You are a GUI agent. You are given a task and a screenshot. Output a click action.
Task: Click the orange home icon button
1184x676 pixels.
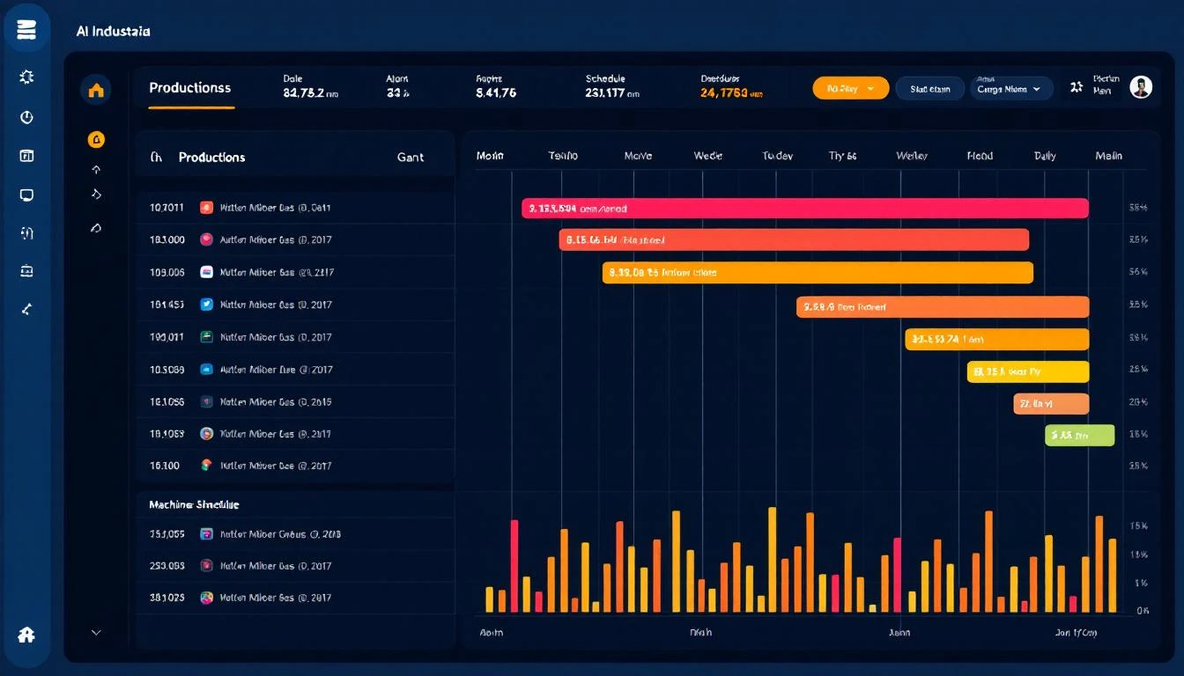coord(96,89)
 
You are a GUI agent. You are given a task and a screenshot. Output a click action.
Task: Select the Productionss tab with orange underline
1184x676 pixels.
coord(189,88)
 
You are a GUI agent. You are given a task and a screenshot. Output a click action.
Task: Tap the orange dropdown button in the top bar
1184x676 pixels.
coord(849,88)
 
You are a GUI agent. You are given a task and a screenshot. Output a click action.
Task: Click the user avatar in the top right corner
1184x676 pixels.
coord(1141,87)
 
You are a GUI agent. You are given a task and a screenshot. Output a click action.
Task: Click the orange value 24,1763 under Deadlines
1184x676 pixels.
coord(731,92)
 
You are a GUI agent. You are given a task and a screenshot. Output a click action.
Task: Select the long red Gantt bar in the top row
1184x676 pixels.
coord(804,209)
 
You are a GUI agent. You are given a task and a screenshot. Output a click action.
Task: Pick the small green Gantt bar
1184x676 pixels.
coord(1079,435)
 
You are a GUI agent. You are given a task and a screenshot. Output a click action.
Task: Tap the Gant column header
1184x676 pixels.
coord(410,158)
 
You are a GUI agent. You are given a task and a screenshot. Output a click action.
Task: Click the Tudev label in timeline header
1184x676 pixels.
coord(777,156)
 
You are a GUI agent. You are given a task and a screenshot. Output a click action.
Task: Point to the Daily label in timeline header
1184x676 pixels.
coord(1045,156)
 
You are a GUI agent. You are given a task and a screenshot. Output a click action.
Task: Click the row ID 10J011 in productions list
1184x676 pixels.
coord(167,208)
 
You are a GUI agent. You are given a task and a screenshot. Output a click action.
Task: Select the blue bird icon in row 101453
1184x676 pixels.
coord(207,305)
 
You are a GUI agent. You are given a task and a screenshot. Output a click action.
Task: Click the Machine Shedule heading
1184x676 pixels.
coord(194,504)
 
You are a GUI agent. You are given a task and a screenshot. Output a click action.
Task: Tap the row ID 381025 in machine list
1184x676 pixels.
coord(167,598)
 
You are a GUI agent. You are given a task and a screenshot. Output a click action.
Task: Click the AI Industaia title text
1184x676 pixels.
coord(113,31)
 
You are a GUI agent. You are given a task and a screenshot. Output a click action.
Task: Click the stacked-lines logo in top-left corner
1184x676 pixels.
coord(26,31)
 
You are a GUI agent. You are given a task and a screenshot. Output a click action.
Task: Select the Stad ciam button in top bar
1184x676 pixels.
coord(929,89)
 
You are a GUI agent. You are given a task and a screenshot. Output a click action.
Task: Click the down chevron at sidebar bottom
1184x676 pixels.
coord(96,632)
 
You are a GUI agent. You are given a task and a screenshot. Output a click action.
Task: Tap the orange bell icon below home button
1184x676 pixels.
coord(96,139)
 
